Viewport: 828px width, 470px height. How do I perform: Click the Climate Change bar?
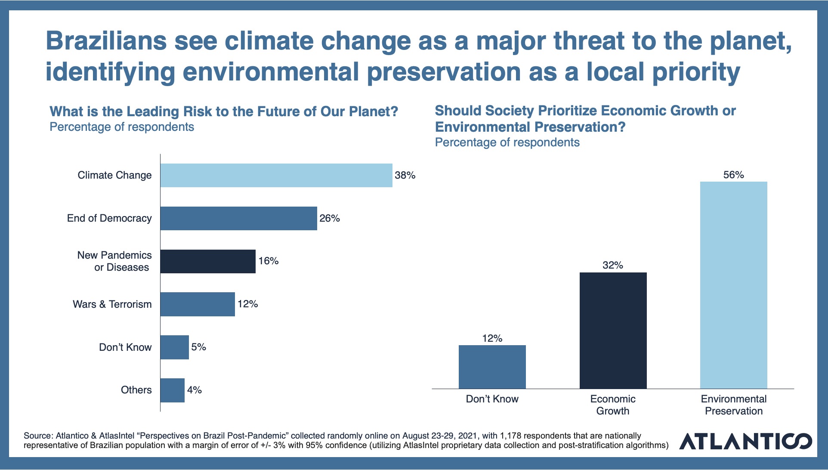pyautogui.click(x=276, y=175)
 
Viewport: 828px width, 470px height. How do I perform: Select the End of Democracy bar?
pyautogui.click(x=239, y=218)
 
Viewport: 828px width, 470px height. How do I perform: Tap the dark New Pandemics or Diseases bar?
pyautogui.click(x=208, y=261)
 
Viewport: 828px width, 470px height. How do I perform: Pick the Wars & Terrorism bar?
pyautogui.click(x=198, y=304)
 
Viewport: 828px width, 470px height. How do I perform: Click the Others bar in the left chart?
pyautogui.click(x=173, y=390)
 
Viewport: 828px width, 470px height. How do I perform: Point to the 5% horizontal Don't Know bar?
pyautogui.click(x=175, y=347)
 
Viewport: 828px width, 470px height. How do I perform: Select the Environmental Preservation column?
pyautogui.click(x=733, y=285)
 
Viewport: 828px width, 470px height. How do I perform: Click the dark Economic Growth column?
pyautogui.click(x=613, y=331)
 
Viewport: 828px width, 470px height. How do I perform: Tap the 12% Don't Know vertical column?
pyautogui.click(x=492, y=367)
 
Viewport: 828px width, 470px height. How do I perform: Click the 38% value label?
pyautogui.click(x=405, y=175)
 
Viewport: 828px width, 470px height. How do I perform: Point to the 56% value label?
pyautogui.click(x=733, y=175)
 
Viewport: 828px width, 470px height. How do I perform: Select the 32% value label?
pyautogui.click(x=613, y=265)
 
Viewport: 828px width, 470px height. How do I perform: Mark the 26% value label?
pyautogui.click(x=330, y=218)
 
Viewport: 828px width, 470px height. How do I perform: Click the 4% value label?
pyautogui.click(x=195, y=390)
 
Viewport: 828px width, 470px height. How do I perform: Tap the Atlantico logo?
pyautogui.click(x=745, y=441)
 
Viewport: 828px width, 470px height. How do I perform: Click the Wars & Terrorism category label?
pyautogui.click(x=112, y=304)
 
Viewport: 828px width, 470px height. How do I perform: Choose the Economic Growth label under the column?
pyautogui.click(x=613, y=405)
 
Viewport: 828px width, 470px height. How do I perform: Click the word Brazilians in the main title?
pyautogui.click(x=106, y=41)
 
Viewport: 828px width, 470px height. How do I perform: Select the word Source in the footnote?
pyautogui.click(x=37, y=436)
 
